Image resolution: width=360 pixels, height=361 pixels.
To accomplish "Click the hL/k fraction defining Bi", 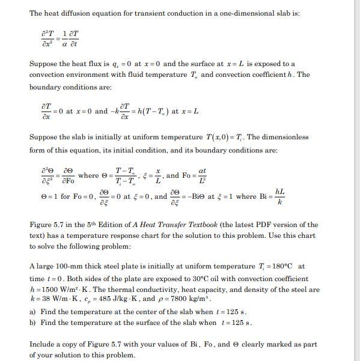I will click(x=279, y=195).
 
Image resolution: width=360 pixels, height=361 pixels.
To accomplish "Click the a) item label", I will click(x=33, y=312).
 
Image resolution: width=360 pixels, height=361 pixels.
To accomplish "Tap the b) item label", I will click(x=33, y=323).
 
